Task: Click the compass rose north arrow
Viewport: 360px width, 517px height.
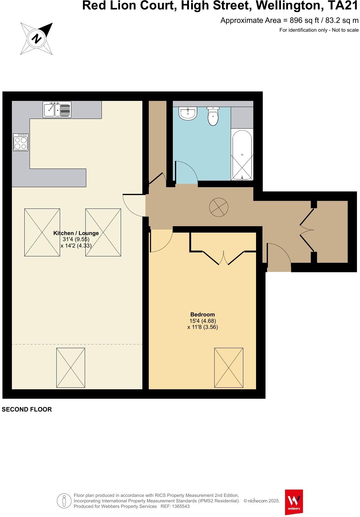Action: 37,39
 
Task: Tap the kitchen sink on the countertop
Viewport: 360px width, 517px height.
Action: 57,110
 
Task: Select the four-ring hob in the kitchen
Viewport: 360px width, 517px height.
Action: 21,142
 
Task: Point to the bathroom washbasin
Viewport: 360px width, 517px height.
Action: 188,114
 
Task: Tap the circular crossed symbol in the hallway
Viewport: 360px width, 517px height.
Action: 219,207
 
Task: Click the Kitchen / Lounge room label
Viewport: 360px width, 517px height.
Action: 76,233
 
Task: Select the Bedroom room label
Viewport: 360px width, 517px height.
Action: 202,315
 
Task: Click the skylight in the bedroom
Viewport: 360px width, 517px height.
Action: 229,368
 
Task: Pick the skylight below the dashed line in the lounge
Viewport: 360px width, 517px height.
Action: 71,368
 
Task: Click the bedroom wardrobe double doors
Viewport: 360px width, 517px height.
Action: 223,258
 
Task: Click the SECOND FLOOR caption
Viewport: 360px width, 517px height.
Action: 27,409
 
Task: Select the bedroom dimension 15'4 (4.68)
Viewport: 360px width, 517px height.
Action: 202,321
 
